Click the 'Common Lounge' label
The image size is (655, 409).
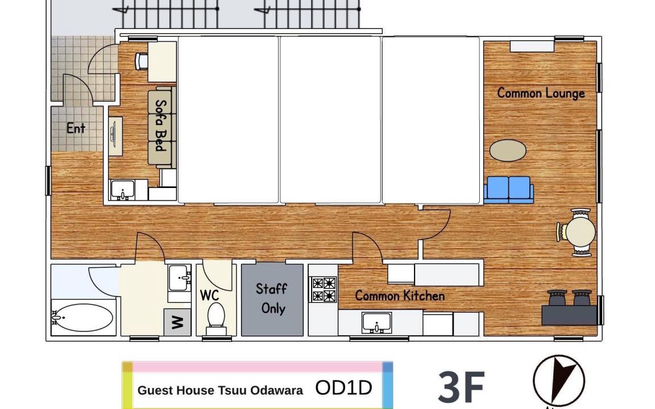541,93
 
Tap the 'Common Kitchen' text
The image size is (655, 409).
400,296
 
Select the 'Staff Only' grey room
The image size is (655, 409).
272,300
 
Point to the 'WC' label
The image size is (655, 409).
209,295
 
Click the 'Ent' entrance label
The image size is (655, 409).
76,128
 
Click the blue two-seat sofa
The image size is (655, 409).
509,190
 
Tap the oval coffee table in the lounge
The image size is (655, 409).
508,150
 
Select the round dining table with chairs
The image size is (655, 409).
577,232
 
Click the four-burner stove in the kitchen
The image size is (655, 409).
324,289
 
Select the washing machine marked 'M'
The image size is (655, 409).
177,322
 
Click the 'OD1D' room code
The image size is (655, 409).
343,388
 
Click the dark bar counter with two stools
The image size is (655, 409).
569,308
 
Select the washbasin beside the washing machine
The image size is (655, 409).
180,278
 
